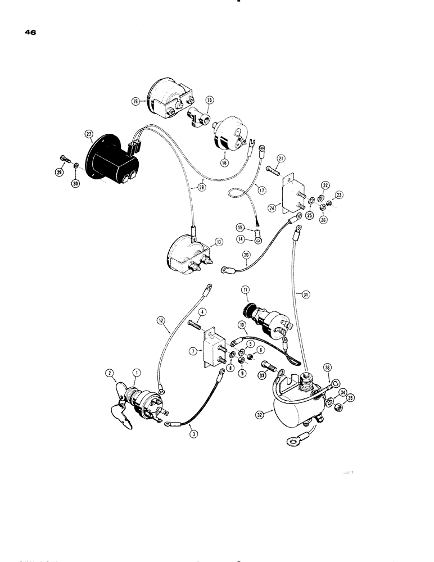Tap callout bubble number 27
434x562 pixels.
tap(88, 134)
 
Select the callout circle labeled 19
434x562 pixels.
tap(135, 101)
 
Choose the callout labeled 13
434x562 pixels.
tap(218, 242)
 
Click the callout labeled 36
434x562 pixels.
tap(328, 368)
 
